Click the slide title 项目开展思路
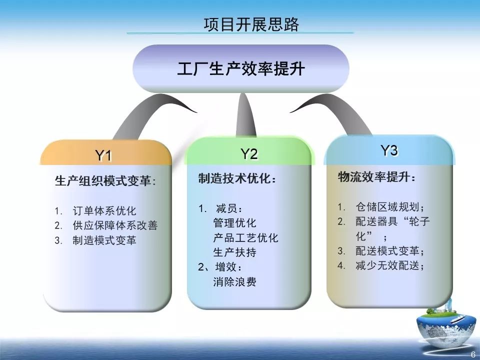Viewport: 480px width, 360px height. click(x=251, y=24)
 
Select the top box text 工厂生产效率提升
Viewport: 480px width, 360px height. click(x=240, y=68)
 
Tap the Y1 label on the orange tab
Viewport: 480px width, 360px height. click(x=103, y=156)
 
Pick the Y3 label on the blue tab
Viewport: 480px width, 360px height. click(x=389, y=150)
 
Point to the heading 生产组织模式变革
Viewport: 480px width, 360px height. click(x=105, y=181)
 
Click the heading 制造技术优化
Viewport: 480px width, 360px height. click(x=237, y=179)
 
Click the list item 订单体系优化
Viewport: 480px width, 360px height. click(x=104, y=210)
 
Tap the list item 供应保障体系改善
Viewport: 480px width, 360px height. click(x=115, y=225)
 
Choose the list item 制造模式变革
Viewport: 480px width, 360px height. click(x=104, y=240)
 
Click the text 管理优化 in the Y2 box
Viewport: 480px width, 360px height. click(x=234, y=223)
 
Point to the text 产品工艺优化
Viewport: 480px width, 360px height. click(x=245, y=237)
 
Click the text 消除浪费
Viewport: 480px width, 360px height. click(x=234, y=281)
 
